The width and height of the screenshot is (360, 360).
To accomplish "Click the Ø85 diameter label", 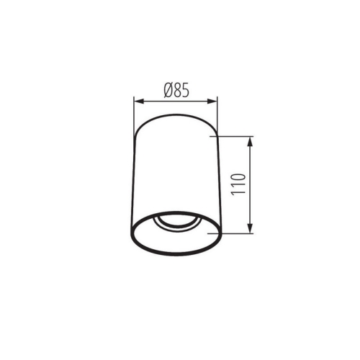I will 176,91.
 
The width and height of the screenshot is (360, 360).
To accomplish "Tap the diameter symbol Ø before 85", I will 166,91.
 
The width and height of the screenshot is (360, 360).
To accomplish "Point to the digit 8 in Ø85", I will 176,91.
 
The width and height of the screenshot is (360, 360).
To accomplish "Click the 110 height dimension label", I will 240,186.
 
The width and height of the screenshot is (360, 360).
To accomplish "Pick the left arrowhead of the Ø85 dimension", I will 138,101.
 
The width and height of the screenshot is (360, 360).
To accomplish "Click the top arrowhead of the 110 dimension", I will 251,140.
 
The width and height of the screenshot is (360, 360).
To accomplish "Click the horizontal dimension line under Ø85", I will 176,101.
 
